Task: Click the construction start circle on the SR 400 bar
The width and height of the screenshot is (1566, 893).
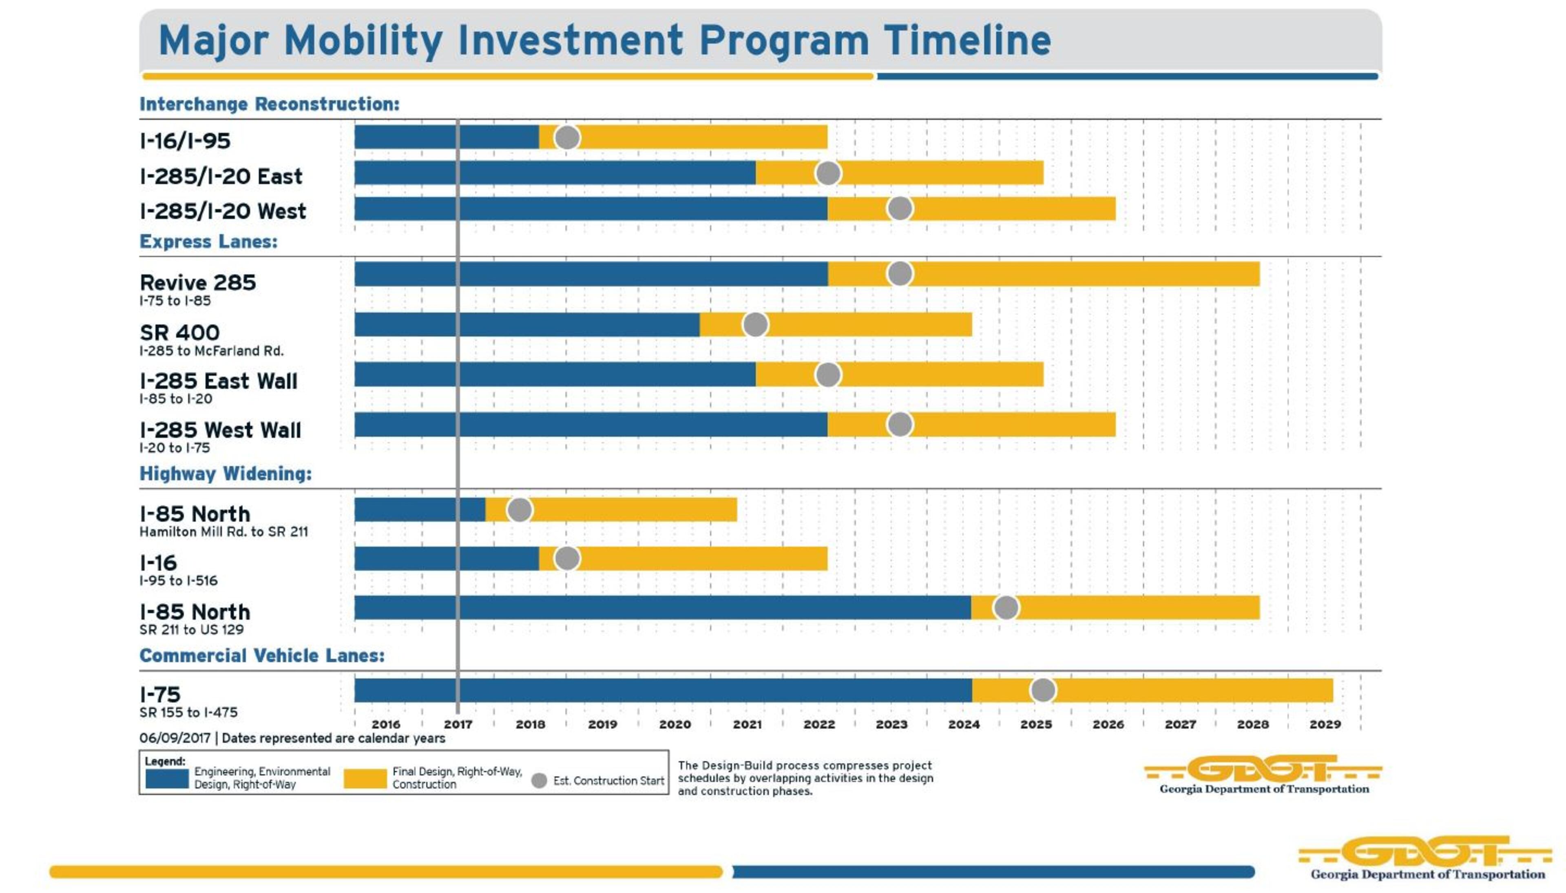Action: click(x=755, y=324)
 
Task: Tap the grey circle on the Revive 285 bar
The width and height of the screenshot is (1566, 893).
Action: click(x=900, y=274)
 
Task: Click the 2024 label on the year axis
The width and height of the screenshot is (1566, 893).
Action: click(x=964, y=725)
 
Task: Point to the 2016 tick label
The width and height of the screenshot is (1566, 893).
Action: click(x=385, y=725)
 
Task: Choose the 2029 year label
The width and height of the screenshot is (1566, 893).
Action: click(x=1325, y=725)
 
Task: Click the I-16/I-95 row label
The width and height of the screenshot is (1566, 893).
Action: click(x=185, y=141)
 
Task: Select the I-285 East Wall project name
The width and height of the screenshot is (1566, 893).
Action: click(x=218, y=381)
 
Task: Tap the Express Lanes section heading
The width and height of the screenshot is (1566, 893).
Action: click(x=208, y=242)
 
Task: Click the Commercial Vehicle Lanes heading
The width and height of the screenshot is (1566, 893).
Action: click(x=262, y=656)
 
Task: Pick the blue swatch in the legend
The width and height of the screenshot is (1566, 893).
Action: click(x=167, y=779)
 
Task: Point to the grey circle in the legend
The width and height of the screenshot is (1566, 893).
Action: click(x=539, y=781)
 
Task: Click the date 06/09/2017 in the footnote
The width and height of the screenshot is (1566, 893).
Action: click(x=175, y=738)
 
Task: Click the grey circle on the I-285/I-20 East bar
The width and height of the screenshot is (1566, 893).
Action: click(x=828, y=173)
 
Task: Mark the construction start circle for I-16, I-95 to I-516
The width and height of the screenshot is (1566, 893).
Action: click(x=567, y=559)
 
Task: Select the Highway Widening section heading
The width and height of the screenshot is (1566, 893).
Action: click(x=226, y=474)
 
